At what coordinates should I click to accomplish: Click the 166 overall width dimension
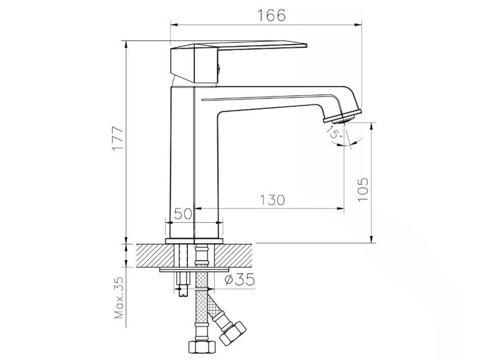(272, 15)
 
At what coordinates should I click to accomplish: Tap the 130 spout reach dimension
(272, 200)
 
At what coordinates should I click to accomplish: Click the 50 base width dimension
(183, 214)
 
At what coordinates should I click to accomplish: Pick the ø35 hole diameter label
(239, 279)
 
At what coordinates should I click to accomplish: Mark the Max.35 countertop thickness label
(119, 297)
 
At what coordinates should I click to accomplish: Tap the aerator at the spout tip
(343, 117)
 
